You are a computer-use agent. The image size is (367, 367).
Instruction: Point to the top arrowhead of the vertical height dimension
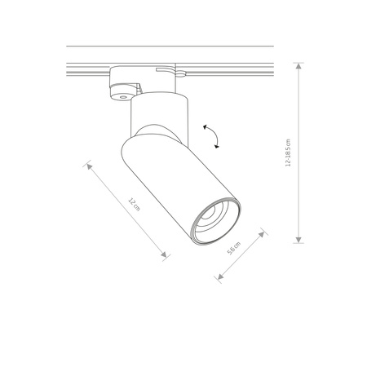298,66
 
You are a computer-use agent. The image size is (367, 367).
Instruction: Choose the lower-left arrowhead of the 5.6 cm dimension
219,277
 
